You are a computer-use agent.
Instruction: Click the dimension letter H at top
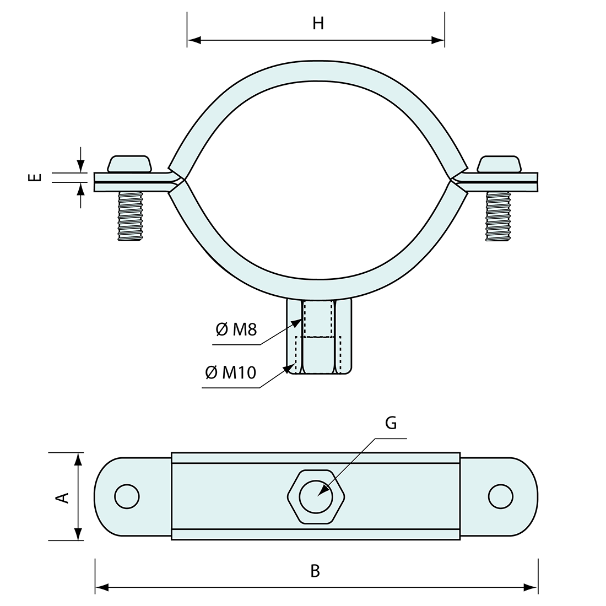(318, 24)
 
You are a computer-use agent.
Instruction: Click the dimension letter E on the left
(35, 177)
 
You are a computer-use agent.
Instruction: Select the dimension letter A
(63, 497)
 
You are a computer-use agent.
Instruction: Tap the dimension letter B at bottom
(315, 571)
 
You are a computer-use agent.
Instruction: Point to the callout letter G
(391, 423)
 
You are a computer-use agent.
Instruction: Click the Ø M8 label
(236, 330)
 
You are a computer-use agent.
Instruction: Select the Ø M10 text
(230, 373)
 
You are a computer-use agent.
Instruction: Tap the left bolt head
(129, 164)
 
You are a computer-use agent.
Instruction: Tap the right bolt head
(499, 164)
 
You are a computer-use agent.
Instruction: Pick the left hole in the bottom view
(127, 496)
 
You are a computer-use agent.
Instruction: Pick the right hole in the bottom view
(500, 496)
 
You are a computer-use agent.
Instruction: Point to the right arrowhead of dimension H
(439, 40)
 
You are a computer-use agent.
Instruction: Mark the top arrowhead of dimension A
(78, 459)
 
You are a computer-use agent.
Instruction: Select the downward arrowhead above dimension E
(81, 166)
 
